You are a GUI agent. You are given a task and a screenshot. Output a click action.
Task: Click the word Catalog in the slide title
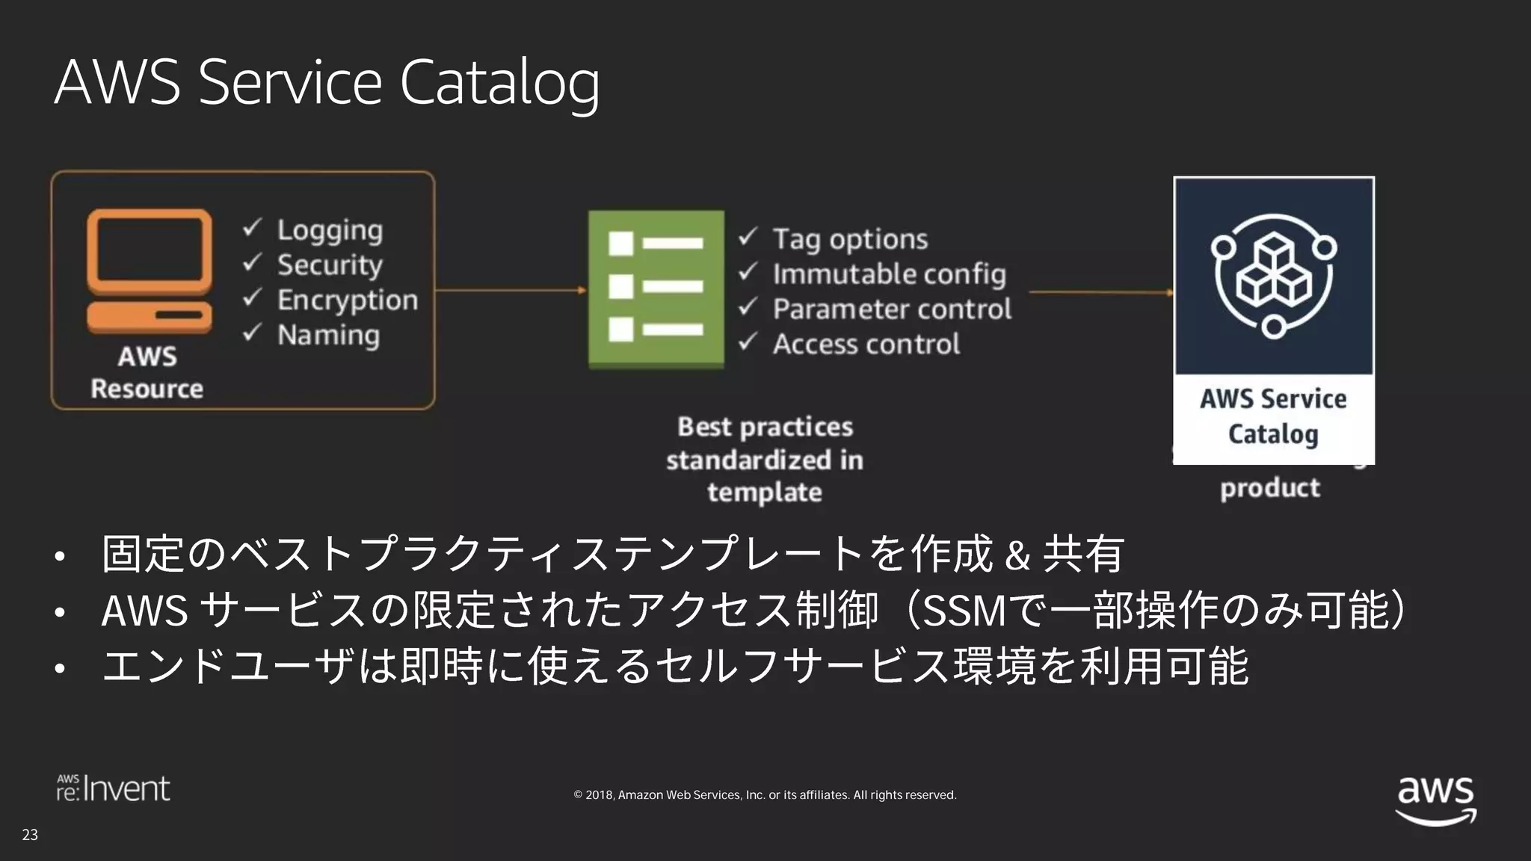pos(499,82)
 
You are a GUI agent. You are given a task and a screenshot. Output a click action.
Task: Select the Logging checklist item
pos(330,229)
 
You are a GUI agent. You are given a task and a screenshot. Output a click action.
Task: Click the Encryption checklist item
pos(348,300)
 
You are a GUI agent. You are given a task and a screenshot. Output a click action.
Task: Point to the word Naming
pos(328,335)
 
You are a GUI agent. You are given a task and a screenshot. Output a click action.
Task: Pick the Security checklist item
pos(330,265)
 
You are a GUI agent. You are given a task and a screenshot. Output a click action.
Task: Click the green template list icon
pos(656,288)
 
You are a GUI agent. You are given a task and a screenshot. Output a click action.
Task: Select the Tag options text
pos(850,239)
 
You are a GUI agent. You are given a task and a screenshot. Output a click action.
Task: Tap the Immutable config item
pos(889,274)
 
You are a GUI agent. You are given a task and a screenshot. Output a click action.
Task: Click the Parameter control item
pos(892,309)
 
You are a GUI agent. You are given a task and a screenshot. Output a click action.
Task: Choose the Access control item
pos(866,344)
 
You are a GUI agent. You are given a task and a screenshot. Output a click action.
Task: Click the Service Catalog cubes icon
pos(1273,276)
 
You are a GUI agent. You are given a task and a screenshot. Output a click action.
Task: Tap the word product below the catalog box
pos(1269,488)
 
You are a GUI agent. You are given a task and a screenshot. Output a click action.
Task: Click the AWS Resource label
pos(147,372)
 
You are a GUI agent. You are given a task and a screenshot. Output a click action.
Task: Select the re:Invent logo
pos(114,789)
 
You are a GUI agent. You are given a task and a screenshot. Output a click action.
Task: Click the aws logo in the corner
pos(1435,800)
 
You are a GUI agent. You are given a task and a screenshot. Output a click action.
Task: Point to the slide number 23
pos(30,835)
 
